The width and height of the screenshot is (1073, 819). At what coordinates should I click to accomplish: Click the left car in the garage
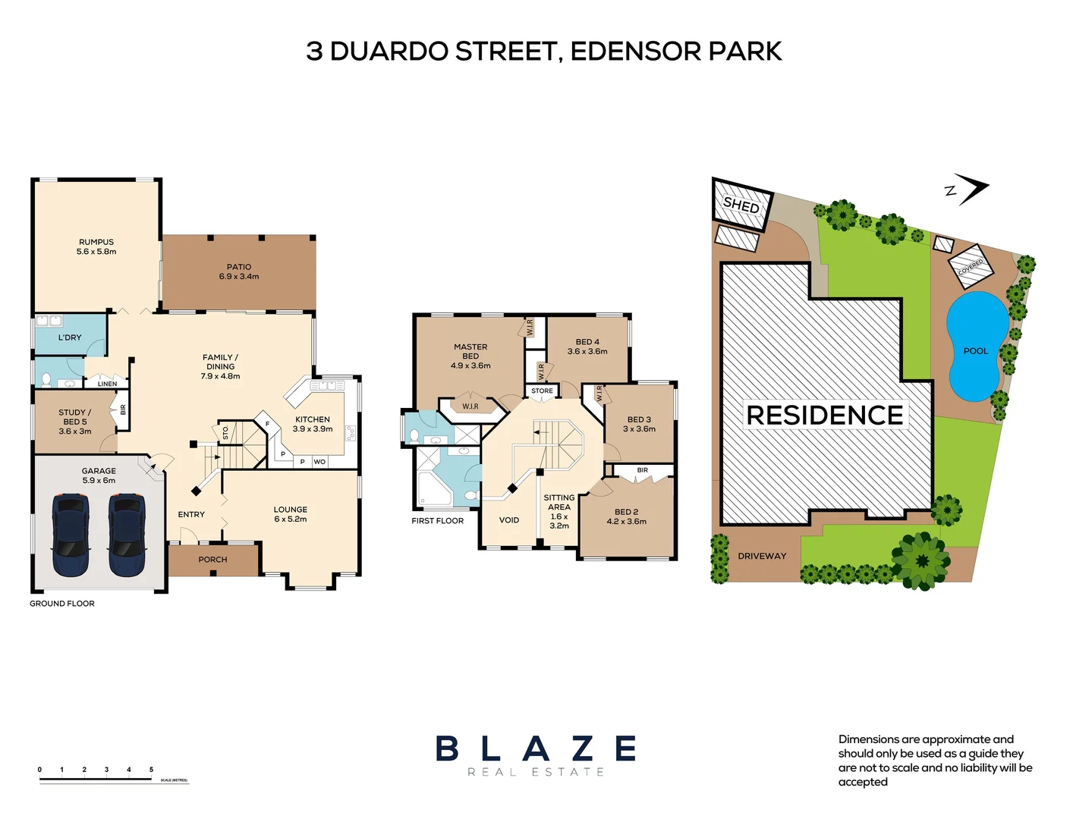point(71,535)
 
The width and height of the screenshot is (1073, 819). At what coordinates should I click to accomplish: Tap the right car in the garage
point(126,535)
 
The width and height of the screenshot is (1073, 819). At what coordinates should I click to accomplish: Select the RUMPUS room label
point(96,243)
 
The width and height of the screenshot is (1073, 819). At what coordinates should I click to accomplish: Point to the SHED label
point(741,205)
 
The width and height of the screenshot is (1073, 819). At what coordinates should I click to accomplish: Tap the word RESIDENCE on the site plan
point(825,416)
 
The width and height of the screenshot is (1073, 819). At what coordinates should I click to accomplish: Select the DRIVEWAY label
point(762,556)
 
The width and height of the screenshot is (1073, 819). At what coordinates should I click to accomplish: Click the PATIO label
point(239,267)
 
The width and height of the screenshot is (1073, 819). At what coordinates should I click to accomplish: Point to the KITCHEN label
point(313,419)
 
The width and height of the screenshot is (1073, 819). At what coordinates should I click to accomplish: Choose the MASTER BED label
point(470,351)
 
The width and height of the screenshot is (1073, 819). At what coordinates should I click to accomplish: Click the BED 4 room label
point(587,342)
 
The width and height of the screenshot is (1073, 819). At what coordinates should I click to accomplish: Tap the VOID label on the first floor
point(509,520)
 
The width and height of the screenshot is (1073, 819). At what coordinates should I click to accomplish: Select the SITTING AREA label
point(559,502)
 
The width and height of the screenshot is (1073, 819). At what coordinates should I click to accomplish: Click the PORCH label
point(212,560)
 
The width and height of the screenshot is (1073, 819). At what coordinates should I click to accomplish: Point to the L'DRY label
point(70,337)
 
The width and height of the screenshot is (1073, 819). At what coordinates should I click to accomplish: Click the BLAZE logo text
point(536,749)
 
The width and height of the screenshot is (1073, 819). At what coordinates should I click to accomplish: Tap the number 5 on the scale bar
point(151,770)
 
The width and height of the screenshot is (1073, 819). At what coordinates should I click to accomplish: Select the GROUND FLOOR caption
point(62,604)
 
